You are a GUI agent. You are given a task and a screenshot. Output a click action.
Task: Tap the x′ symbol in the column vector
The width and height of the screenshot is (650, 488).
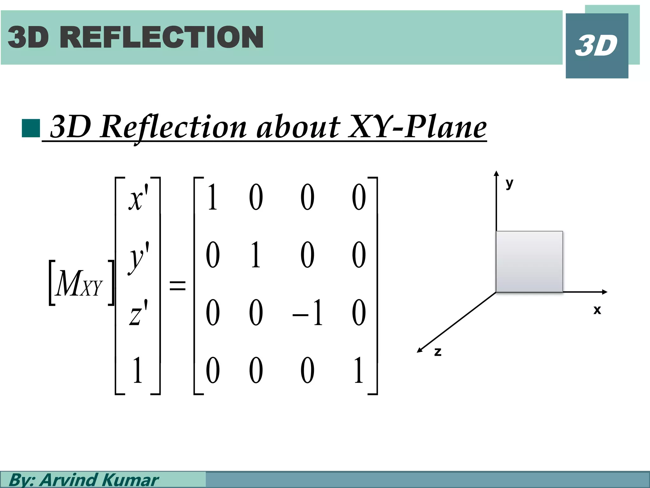click(138, 198)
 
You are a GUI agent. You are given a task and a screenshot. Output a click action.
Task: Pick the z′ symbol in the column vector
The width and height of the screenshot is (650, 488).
click(138, 313)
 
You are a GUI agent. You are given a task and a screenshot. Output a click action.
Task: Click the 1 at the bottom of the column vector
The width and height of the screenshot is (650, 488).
click(137, 370)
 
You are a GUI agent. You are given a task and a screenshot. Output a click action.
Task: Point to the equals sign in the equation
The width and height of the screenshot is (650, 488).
click(177, 285)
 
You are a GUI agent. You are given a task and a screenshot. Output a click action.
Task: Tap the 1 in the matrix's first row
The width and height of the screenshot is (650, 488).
click(212, 198)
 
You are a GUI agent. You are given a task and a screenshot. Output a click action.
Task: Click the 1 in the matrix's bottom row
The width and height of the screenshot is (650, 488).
click(358, 370)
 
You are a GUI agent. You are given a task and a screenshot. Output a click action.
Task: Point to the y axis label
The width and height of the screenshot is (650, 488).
click(509, 183)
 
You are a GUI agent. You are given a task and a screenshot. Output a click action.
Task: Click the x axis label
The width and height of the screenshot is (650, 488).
click(597, 309)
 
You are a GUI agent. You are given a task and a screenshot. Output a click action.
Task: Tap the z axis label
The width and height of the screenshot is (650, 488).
click(438, 352)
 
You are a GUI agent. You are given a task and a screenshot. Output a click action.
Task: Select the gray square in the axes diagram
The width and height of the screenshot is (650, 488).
click(529, 261)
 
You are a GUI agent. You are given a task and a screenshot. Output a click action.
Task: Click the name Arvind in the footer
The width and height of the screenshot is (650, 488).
click(68, 480)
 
